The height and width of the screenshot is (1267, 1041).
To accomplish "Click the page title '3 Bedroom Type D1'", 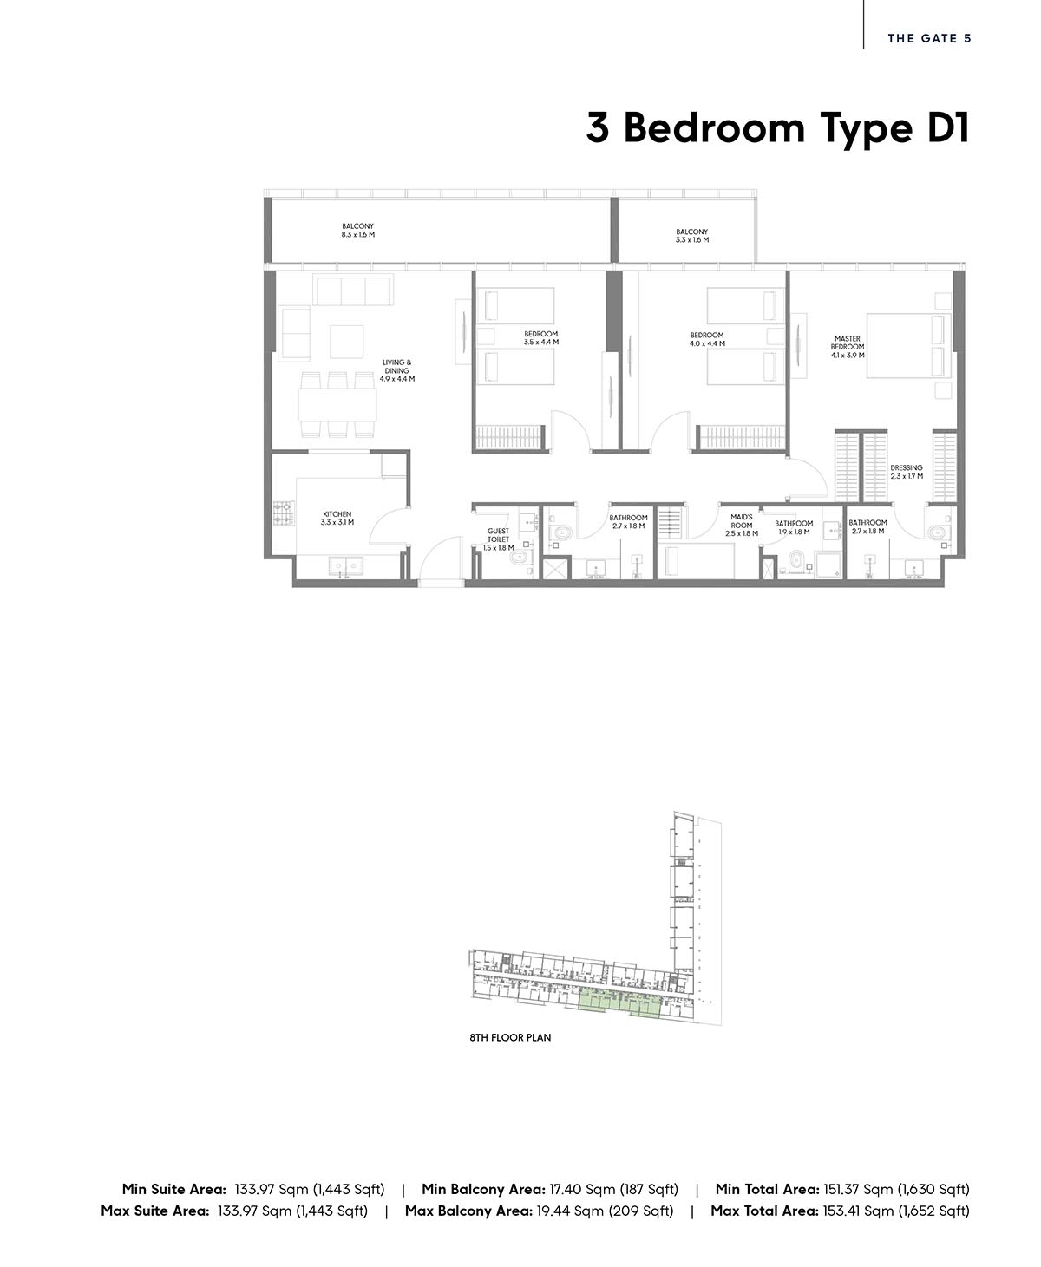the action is click(778, 128).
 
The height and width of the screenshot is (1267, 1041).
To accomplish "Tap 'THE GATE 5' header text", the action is click(929, 38).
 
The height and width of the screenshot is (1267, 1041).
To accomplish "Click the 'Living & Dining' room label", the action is click(396, 370).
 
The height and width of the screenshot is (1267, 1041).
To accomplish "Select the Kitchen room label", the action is click(337, 518).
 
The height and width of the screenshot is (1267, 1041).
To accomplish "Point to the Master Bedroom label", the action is click(848, 347).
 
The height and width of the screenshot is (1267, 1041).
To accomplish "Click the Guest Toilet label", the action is click(498, 539).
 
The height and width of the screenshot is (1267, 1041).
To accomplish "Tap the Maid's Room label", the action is click(742, 525).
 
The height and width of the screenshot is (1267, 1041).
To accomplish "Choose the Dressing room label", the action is click(907, 472).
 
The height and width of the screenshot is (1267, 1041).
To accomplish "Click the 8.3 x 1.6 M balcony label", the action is click(358, 231).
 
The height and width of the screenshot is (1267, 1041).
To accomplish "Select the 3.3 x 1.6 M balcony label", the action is click(691, 236).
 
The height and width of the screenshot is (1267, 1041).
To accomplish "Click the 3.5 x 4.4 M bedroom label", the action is click(541, 337).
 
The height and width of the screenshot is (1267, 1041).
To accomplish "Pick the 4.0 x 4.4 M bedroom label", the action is click(707, 339).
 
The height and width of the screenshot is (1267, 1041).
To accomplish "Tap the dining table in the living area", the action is click(337, 405).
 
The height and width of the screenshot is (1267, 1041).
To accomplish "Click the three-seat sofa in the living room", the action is click(353, 291).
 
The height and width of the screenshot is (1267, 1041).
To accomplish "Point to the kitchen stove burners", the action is click(284, 513).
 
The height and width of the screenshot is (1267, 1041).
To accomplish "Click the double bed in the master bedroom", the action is click(909, 345).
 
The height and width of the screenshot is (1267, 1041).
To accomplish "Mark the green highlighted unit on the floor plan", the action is click(619, 1003).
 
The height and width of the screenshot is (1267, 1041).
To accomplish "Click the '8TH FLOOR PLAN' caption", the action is click(510, 1037).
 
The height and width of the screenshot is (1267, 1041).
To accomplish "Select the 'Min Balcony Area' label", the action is click(483, 1189).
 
